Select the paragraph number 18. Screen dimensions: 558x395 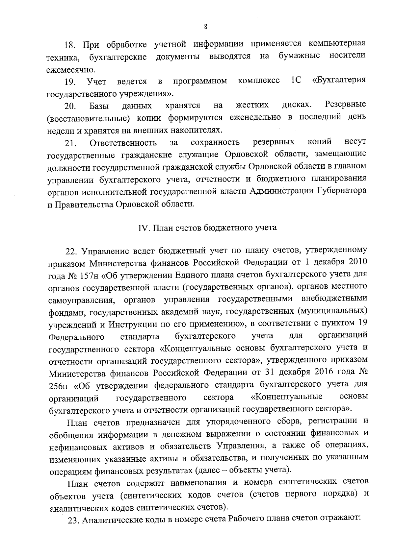[x=70, y=45]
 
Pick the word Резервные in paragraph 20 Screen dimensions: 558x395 [x=345, y=105]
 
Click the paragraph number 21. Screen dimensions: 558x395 [x=70, y=143]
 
